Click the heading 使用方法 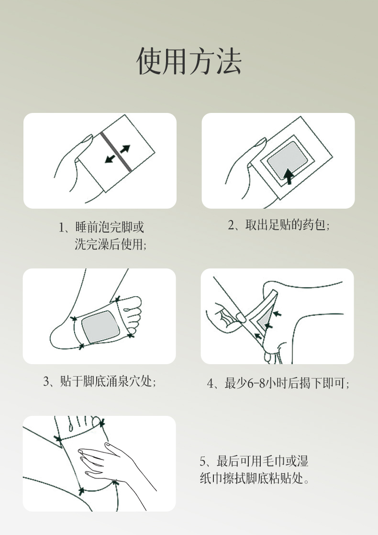tap(189, 61)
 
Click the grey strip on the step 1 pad tap(116, 152)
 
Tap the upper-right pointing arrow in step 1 tap(125, 149)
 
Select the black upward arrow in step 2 tap(289, 177)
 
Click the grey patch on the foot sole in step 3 tap(100, 327)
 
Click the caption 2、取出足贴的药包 tap(278, 225)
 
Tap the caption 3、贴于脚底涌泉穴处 tap(100, 381)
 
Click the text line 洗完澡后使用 tap(110, 244)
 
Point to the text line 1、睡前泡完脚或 tap(101, 227)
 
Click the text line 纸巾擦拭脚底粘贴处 tap(255, 479)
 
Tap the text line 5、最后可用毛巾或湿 tap(254, 461)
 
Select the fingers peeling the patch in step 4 tap(227, 316)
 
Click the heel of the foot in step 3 tap(60, 336)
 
